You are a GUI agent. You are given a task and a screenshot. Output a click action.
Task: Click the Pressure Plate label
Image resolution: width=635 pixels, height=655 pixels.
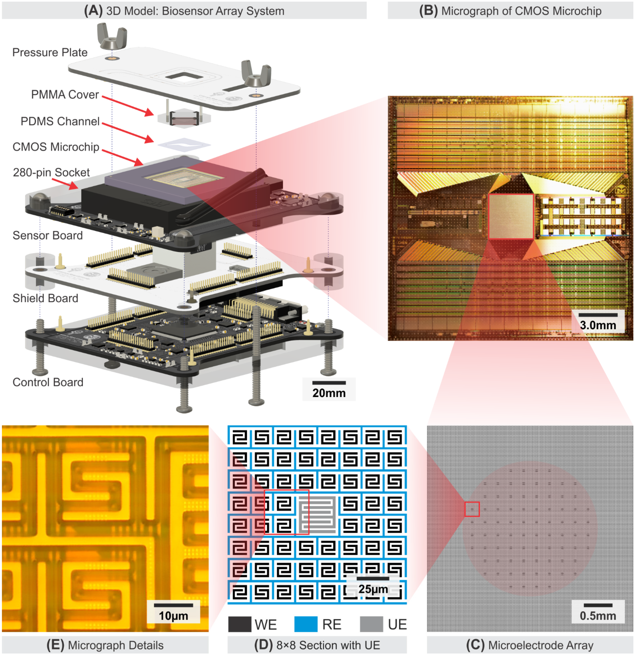[x=50, y=52]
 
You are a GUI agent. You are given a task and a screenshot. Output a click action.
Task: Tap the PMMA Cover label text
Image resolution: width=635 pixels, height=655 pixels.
[x=65, y=95]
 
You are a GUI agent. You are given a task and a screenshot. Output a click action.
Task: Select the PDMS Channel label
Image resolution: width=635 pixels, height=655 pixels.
[x=60, y=121]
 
